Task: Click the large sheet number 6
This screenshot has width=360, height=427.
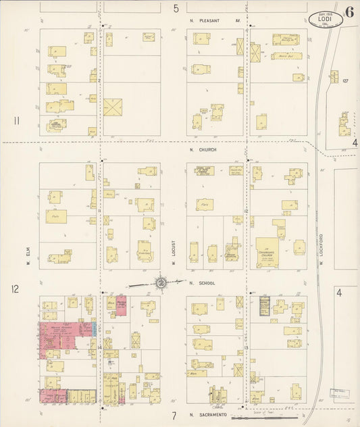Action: coord(350,11)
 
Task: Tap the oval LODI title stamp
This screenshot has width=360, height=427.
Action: coord(325,19)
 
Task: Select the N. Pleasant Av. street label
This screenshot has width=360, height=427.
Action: coord(215,20)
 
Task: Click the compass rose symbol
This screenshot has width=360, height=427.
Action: coord(162,283)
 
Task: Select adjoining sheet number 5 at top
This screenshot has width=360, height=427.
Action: coord(176,9)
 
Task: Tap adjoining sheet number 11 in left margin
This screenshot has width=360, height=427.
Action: coord(15,121)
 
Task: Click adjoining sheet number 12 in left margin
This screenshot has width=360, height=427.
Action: coord(15,289)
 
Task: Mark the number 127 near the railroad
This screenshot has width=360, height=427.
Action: coord(345,81)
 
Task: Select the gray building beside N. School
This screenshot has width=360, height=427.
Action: coord(264,305)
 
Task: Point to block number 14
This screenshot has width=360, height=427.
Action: coord(99,347)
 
